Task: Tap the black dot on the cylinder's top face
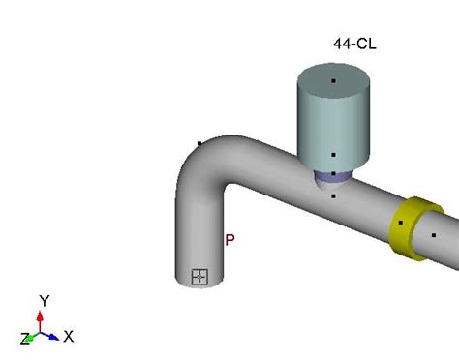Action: click(x=333, y=80)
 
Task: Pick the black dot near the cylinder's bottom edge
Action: click(x=333, y=154)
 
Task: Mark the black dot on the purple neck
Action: click(x=333, y=174)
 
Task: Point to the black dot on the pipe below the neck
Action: click(x=333, y=196)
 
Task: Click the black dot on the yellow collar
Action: click(x=401, y=223)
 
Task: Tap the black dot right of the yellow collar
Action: click(x=434, y=235)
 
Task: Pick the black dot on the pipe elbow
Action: click(x=199, y=144)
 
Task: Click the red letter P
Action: click(x=229, y=240)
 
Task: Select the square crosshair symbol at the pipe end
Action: click(x=199, y=277)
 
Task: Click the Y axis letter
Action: click(x=43, y=300)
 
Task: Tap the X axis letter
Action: click(x=69, y=337)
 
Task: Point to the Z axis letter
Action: click(x=24, y=339)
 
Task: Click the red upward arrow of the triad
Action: click(x=40, y=319)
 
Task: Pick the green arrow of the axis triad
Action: click(x=33, y=337)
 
